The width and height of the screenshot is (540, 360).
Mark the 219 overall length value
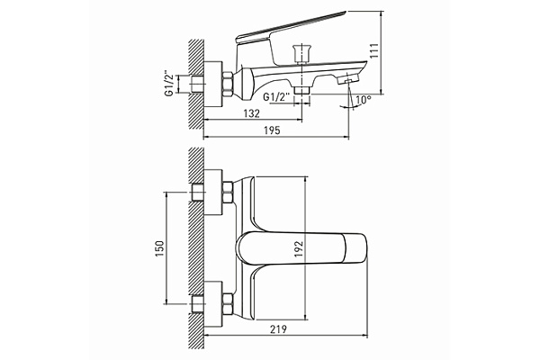pyautogui.click(x=280, y=332)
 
